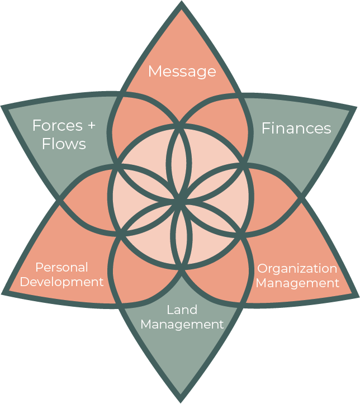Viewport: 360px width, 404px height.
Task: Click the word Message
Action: [x=182, y=72]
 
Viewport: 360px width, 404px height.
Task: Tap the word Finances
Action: [x=296, y=128]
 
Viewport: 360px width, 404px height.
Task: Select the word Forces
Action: [x=58, y=126]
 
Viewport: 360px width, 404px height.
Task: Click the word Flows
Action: [x=64, y=144]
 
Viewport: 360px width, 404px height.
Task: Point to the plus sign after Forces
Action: [x=92, y=126]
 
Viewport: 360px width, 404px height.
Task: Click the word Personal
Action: [x=62, y=267]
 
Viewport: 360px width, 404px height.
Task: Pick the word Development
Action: [x=62, y=282]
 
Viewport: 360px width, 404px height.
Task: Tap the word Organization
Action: [x=297, y=269]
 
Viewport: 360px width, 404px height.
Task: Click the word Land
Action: [x=182, y=310]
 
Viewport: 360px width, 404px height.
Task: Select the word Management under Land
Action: [x=182, y=325]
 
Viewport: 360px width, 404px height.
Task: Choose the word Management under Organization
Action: [x=297, y=283]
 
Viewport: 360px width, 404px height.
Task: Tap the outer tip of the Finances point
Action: [x=357, y=107]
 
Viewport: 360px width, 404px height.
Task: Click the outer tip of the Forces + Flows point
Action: [x=2, y=106]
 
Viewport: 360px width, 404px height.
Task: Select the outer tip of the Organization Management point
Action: [x=358, y=296]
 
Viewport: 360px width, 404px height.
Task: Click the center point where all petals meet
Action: [x=179, y=199]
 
